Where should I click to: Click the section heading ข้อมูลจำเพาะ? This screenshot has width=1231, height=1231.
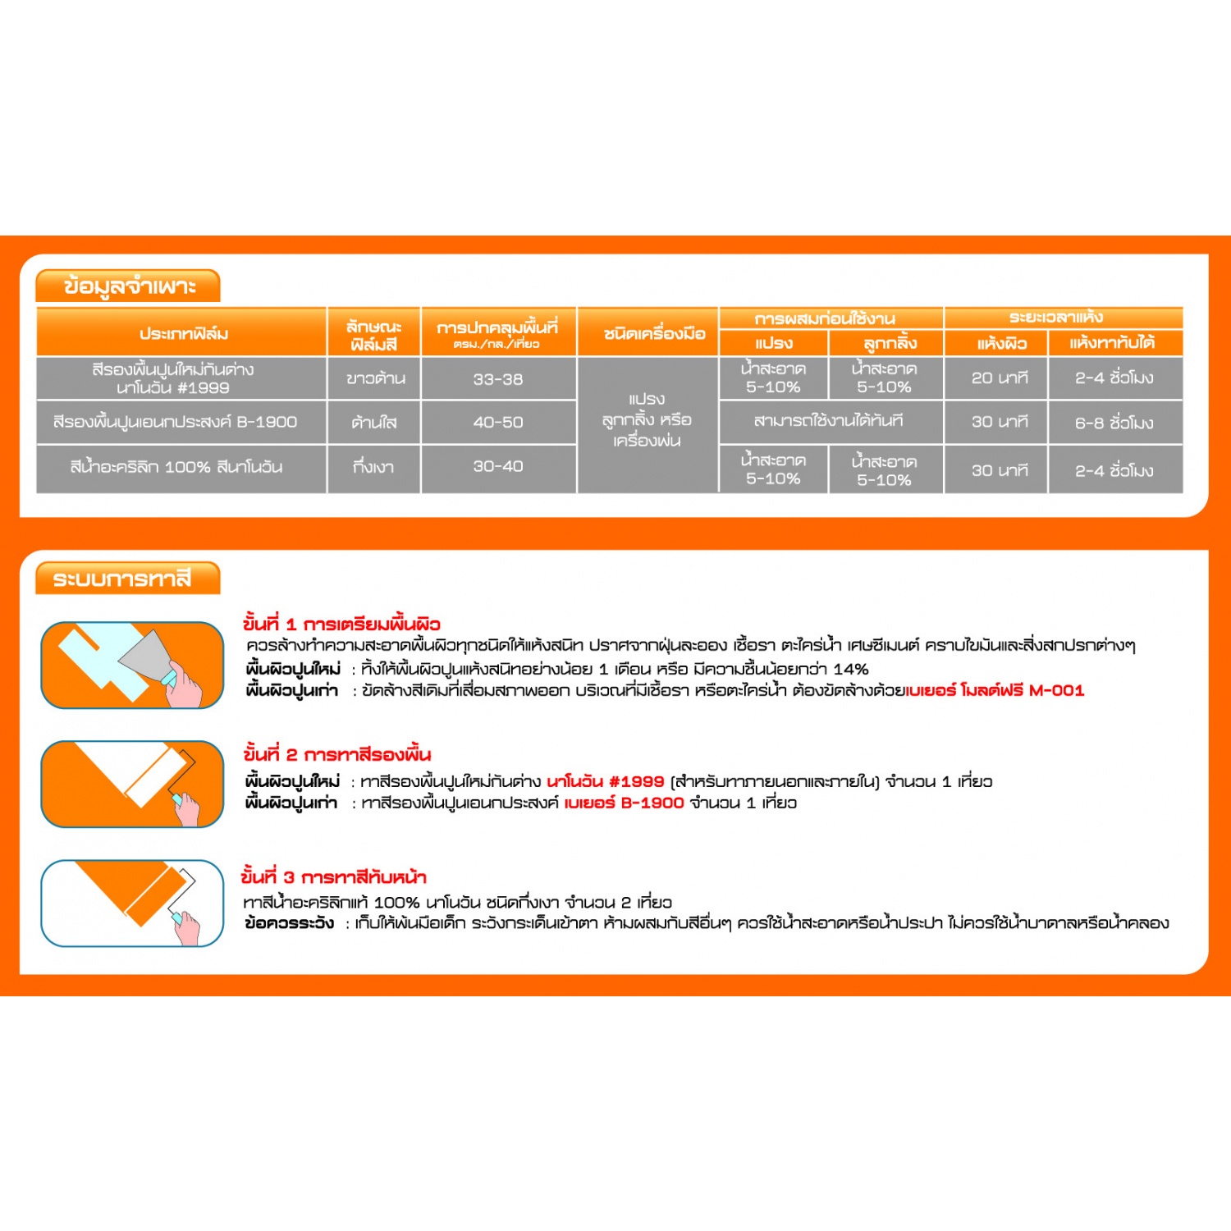click(x=129, y=286)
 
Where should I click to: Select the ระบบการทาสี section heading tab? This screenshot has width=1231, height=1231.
click(x=122, y=579)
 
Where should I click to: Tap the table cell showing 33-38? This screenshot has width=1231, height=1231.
click(x=497, y=379)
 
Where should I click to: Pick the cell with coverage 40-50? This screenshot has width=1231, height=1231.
click(x=497, y=422)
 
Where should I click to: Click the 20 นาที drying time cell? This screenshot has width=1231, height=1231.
click(x=999, y=378)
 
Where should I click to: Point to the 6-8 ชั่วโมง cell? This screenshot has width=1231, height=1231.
click(x=1114, y=423)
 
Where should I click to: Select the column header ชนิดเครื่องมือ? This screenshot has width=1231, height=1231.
click(x=654, y=333)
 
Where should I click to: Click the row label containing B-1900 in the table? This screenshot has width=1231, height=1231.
click(x=175, y=422)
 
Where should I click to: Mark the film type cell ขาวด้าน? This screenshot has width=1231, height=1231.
click(x=375, y=378)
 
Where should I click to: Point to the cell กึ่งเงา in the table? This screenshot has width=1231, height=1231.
click(x=373, y=467)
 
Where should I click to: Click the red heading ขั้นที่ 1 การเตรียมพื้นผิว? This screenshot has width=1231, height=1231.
click(x=341, y=624)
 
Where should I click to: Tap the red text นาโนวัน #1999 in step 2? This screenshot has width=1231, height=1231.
click(x=605, y=781)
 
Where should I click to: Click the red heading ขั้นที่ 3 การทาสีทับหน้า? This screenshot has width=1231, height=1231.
click(x=334, y=876)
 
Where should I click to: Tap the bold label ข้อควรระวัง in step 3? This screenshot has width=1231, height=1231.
click(x=290, y=923)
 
